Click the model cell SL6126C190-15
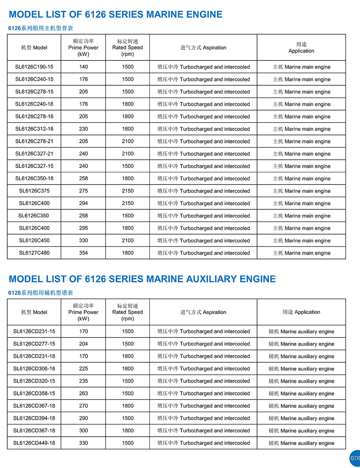(x=34, y=67)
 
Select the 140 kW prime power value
(x=84, y=67)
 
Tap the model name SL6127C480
(x=34, y=253)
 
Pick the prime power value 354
(x=84, y=253)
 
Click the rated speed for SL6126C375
(x=127, y=191)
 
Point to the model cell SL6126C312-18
(x=34, y=129)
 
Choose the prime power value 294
(x=84, y=203)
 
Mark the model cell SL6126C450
(x=34, y=241)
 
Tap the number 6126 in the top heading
(x=95, y=15)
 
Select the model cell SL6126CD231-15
(x=34, y=331)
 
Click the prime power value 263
(x=84, y=394)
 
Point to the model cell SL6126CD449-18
(x=34, y=443)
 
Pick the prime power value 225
(x=84, y=369)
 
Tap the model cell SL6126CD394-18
(x=34, y=418)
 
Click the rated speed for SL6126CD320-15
(x=127, y=381)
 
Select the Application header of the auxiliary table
(x=301, y=312)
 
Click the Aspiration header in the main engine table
(x=203, y=48)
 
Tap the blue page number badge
(x=355, y=458)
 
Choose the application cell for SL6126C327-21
(x=301, y=154)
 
